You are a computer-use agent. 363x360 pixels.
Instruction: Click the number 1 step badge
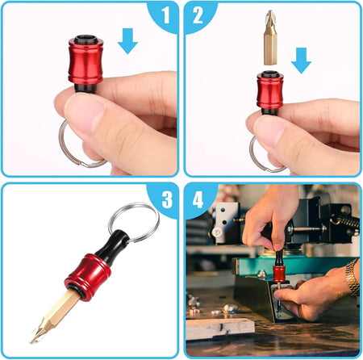[x=165, y=15]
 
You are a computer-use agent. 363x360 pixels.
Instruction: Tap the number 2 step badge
[x=198, y=15]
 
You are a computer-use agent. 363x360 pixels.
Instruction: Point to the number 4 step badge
[x=198, y=199]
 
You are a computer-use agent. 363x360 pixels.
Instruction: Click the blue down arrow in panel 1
[x=127, y=41]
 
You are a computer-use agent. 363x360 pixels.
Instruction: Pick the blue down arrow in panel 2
[x=301, y=61]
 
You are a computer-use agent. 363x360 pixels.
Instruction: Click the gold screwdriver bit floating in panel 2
[x=270, y=37]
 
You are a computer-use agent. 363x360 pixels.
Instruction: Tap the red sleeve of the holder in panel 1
[x=86, y=61]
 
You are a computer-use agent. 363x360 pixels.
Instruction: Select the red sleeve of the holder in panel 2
[x=270, y=90]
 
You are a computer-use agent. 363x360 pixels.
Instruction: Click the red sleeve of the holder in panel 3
[x=88, y=278]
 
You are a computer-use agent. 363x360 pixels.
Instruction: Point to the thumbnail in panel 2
[x=269, y=130]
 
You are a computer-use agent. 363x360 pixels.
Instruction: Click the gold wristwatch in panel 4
[x=353, y=277]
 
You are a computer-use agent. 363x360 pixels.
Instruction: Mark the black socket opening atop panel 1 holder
[x=86, y=39]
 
